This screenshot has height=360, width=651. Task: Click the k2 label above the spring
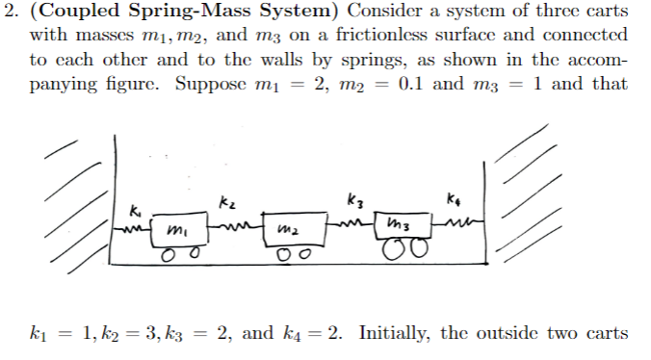(x=228, y=202)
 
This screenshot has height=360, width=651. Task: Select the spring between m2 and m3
(x=349, y=225)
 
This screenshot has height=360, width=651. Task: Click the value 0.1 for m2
(x=426, y=82)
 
